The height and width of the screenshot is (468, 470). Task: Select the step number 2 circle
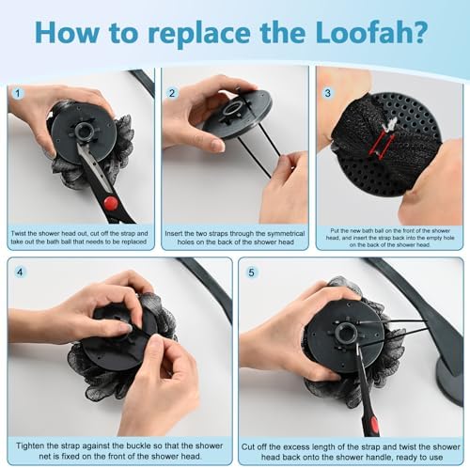coord(172,93)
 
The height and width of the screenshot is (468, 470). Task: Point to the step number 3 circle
coord(326,93)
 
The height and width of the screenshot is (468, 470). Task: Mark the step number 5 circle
coord(249,273)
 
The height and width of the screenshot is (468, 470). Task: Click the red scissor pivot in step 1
coord(111,202)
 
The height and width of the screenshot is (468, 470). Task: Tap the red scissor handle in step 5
coord(374,429)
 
